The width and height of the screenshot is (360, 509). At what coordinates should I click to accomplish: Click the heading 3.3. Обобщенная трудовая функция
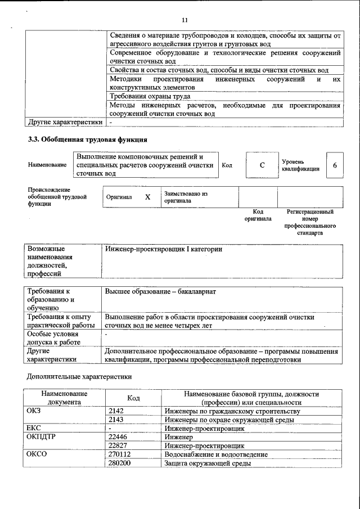click(88, 139)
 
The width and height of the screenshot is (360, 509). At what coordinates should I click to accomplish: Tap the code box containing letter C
click(262, 165)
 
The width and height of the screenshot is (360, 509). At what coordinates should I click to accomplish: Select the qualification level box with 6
click(335, 165)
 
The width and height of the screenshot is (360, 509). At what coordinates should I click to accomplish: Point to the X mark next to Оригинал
click(148, 197)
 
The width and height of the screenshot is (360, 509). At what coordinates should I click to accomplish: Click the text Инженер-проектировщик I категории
click(164, 249)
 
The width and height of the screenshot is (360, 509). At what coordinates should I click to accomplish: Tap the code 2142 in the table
click(116, 411)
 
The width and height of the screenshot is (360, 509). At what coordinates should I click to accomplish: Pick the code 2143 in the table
click(116, 420)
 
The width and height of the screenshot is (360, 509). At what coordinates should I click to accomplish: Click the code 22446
click(118, 437)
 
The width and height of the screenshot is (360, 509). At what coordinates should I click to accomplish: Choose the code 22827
click(118, 445)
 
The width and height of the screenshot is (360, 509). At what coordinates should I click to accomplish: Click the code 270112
click(119, 454)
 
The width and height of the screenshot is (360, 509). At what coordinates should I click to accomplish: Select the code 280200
click(119, 463)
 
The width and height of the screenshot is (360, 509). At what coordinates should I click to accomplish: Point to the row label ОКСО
click(37, 454)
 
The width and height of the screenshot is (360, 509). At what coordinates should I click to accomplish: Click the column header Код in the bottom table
click(133, 398)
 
